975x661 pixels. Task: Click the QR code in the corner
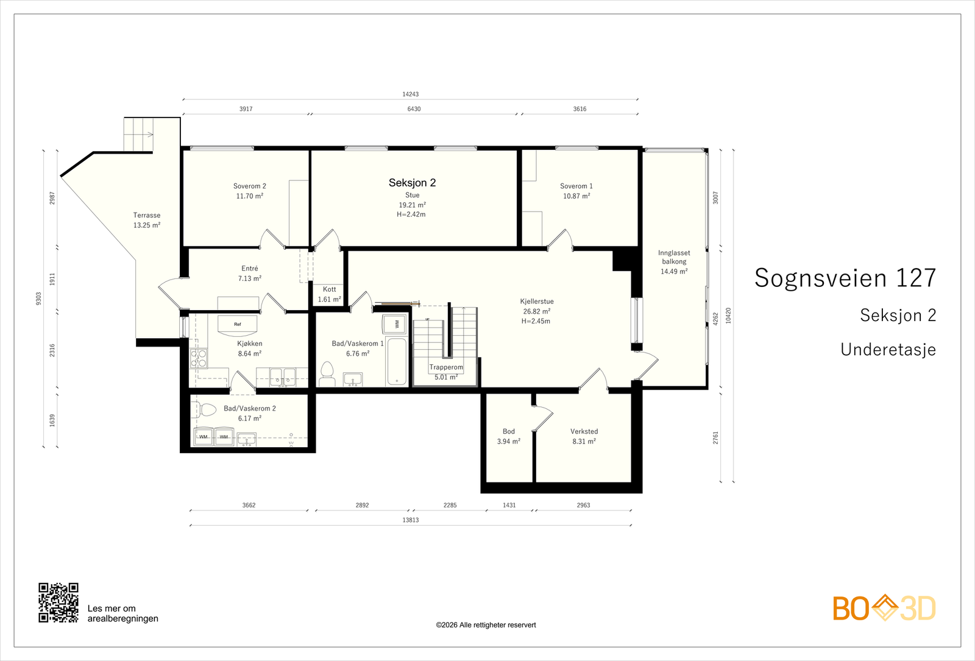pyautogui.click(x=58, y=603)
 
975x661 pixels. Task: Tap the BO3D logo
pyautogui.click(x=884, y=608)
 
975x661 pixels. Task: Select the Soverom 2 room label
pyautogui.click(x=249, y=186)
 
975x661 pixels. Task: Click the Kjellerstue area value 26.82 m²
pyautogui.click(x=536, y=311)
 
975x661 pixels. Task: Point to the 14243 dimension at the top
pyautogui.click(x=411, y=94)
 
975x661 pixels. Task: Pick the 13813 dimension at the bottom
pyautogui.click(x=411, y=520)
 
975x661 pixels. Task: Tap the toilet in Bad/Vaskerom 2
pyautogui.click(x=204, y=409)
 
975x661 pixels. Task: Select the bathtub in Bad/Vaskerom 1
pyautogui.click(x=397, y=362)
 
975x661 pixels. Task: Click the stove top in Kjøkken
pyautogui.click(x=199, y=359)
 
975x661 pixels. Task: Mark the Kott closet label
pyautogui.click(x=330, y=289)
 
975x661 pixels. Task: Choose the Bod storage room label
pyautogui.click(x=508, y=431)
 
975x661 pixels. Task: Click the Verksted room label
pyautogui.click(x=584, y=431)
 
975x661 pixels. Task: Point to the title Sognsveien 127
pyautogui.click(x=845, y=278)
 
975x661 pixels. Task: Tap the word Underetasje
pyautogui.click(x=888, y=350)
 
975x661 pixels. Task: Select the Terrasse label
pyautogui.click(x=147, y=215)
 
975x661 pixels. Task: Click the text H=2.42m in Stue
pyautogui.click(x=411, y=214)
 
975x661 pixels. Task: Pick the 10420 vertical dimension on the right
pyautogui.click(x=728, y=316)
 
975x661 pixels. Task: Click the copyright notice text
pyautogui.click(x=486, y=625)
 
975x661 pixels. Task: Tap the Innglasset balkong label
pyautogui.click(x=674, y=257)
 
